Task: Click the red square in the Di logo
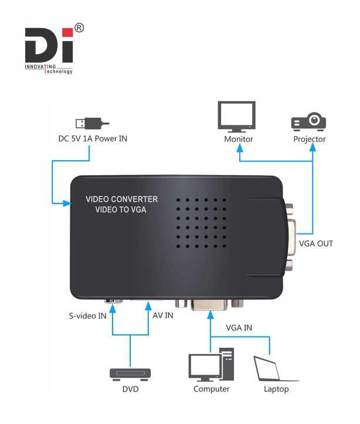(67, 32)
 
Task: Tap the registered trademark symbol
(79, 28)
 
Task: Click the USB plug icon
(92, 124)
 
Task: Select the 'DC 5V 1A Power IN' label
(93, 139)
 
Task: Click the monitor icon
(237, 117)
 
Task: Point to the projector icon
(308, 121)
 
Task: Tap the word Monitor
(239, 139)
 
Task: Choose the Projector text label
(310, 139)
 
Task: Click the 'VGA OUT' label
(316, 243)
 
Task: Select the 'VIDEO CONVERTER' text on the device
(121, 199)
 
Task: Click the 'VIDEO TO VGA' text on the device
(121, 209)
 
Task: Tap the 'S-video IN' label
(87, 316)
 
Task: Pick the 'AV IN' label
(163, 316)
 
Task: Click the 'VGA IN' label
(239, 328)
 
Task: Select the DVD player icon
(130, 375)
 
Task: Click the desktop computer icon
(211, 364)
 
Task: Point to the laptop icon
(274, 368)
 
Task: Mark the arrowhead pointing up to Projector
(313, 147)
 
